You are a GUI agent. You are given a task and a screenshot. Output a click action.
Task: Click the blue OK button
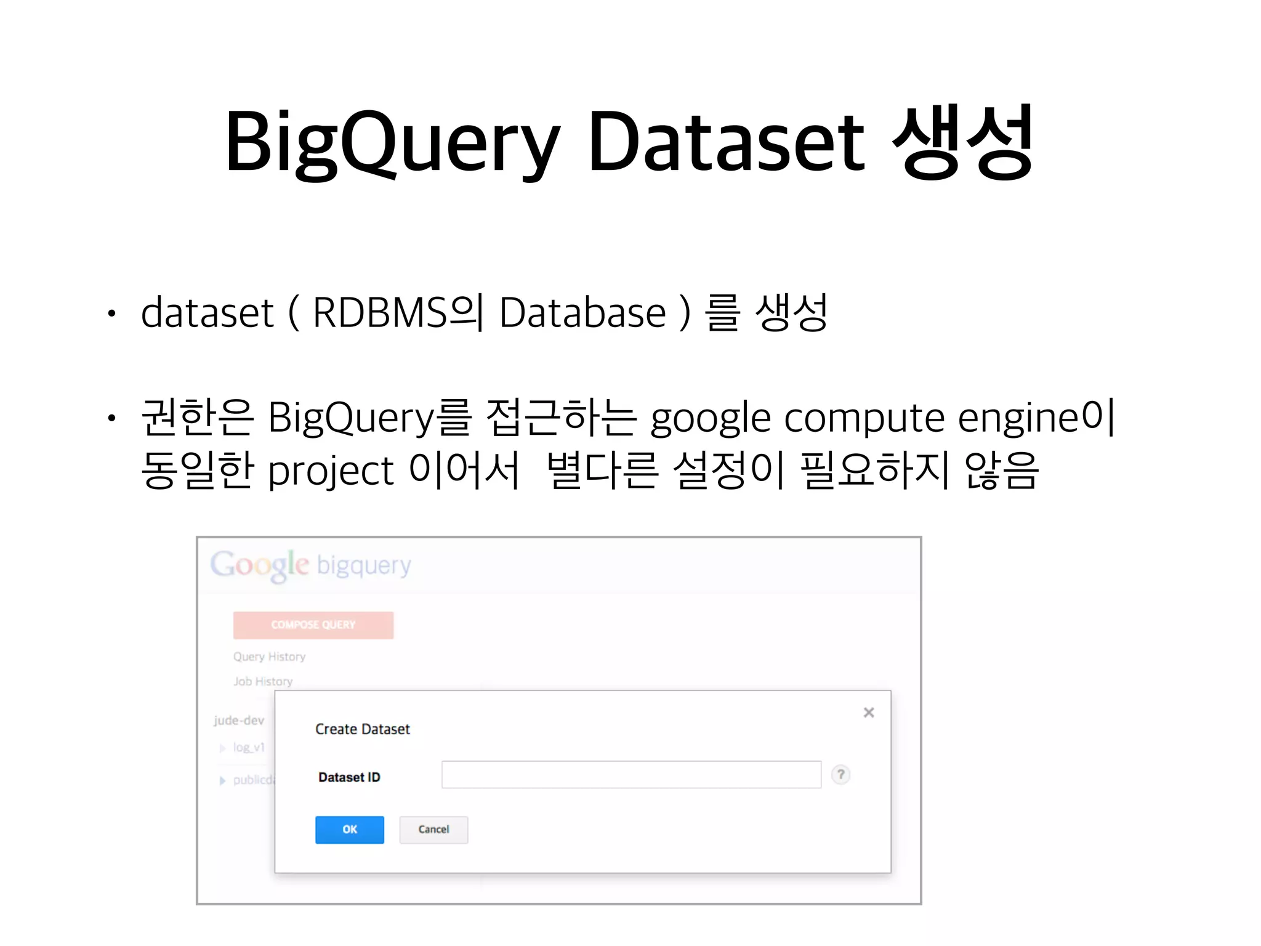[349, 830]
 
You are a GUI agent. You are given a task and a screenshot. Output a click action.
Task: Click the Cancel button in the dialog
[433, 830]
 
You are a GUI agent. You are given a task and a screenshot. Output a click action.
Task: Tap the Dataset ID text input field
[631, 775]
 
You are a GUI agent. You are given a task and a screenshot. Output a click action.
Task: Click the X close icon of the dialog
[869, 713]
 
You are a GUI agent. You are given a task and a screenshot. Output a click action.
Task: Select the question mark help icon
[840, 775]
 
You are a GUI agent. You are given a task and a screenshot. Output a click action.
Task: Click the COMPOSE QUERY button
[313, 625]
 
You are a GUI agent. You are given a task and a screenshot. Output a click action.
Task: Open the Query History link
[269, 657]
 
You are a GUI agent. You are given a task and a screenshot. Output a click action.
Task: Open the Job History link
[263, 682]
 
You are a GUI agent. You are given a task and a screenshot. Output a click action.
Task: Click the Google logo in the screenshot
[259, 565]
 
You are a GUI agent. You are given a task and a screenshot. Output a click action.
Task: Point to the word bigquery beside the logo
[363, 565]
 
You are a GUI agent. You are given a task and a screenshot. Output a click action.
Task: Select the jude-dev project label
[239, 721]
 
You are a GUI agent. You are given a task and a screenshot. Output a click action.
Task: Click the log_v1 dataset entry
[249, 748]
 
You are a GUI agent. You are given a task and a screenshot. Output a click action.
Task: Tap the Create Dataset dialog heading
[362, 729]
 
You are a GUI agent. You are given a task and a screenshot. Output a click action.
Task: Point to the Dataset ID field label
[349, 777]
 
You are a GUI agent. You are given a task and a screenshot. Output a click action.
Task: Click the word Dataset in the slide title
[727, 142]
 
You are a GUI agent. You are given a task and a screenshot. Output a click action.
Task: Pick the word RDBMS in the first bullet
[380, 313]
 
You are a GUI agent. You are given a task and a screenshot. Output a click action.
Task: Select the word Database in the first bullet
[582, 313]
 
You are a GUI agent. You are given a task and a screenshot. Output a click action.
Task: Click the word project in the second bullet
[331, 472]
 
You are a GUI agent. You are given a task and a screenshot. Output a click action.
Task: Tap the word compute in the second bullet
[864, 419]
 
